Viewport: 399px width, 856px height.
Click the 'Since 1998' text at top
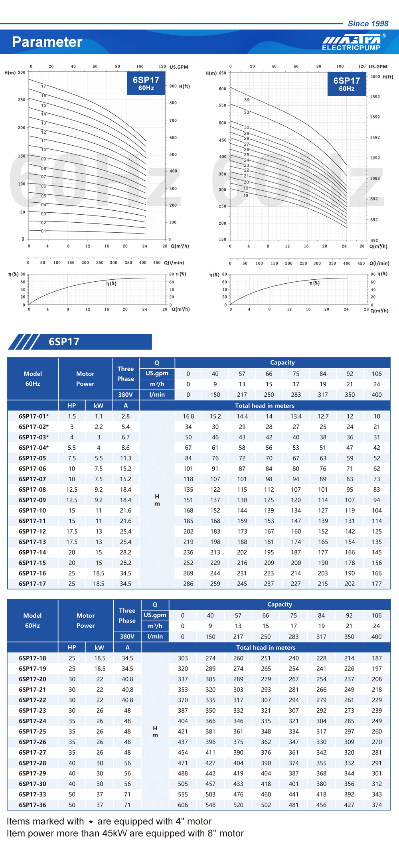[368, 24]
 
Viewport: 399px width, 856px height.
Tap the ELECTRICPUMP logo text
[351, 48]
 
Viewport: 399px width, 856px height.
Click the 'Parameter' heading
[47, 42]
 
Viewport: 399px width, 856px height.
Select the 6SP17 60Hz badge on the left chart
[146, 83]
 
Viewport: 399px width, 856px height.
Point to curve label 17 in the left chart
[43, 86]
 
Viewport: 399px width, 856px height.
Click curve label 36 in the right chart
[247, 100]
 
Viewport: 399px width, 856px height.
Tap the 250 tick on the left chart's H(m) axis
[22, 100]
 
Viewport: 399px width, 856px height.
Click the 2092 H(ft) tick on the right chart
[375, 77]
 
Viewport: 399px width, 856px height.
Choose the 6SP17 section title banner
[80, 342]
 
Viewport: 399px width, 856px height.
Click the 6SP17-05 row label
[32, 458]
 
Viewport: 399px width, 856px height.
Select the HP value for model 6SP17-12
[72, 532]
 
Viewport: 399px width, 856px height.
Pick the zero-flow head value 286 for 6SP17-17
[188, 584]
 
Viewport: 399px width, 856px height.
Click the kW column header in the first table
[99, 405]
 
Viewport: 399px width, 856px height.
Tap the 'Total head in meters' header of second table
[266, 647]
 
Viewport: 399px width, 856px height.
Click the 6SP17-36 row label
[32, 805]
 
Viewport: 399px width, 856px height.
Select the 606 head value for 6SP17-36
[183, 805]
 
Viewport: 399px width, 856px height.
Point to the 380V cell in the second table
[127, 637]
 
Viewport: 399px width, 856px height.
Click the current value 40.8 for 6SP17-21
[127, 690]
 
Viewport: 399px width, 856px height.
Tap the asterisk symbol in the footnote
[91, 822]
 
